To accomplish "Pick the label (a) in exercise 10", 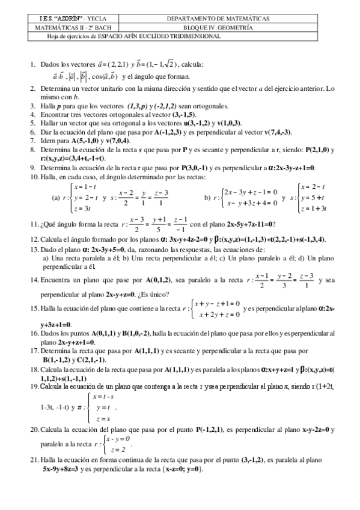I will [x=56, y=197].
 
